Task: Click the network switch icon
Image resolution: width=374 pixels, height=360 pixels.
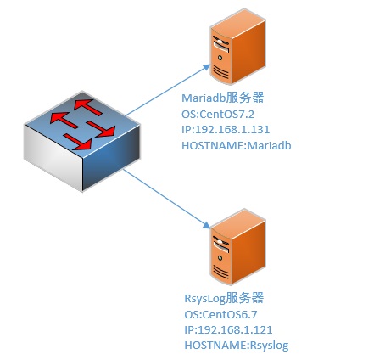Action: [82, 141]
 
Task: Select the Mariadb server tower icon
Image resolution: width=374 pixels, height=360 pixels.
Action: [237, 47]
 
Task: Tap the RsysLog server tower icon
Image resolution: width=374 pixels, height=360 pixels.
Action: [237, 247]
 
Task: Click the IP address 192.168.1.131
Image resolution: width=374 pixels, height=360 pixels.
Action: [232, 130]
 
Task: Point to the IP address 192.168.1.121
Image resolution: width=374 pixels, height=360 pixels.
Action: [235, 329]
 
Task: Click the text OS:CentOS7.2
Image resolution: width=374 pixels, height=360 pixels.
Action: [218, 115]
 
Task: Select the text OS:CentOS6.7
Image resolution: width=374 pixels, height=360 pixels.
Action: [220, 314]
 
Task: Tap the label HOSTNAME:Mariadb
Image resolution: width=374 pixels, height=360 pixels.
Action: [237, 145]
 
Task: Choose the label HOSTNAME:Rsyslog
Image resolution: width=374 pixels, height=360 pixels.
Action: [237, 346]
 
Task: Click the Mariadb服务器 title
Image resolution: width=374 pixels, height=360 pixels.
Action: [223, 98]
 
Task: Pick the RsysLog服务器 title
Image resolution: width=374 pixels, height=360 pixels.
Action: [224, 299]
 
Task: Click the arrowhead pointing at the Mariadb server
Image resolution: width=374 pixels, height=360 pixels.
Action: [207, 67]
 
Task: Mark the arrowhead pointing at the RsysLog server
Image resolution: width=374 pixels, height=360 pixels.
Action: [207, 225]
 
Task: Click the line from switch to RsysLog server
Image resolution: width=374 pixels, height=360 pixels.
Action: [167, 199]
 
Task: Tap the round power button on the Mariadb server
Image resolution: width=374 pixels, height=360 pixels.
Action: [220, 58]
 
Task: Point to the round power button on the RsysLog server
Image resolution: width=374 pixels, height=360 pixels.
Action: [220, 258]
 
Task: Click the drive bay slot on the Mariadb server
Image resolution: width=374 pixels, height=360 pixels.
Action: [220, 47]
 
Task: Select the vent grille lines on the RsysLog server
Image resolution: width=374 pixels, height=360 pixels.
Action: [220, 271]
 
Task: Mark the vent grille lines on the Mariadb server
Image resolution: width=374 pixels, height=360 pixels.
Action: [220, 71]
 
